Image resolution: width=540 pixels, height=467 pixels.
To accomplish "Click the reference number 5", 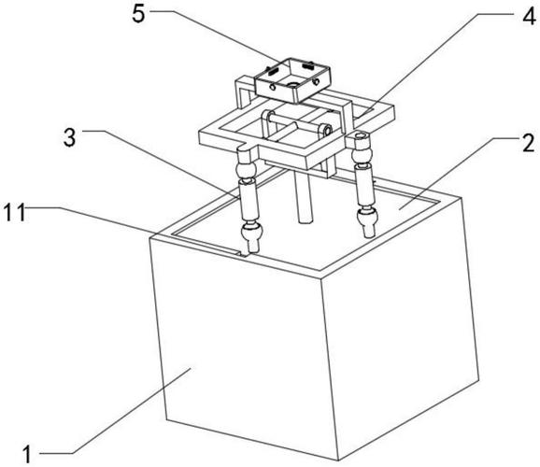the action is pos(139,14).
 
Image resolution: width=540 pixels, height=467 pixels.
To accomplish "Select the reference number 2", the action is pos(529,144).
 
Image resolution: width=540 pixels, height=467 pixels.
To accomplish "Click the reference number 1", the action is pos(26,455).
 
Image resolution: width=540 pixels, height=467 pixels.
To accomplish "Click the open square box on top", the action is pos(292,80).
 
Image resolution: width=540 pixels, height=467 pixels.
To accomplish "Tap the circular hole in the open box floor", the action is pos(293,84).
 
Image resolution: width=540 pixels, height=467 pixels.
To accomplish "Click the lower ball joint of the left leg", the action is pos(252,231).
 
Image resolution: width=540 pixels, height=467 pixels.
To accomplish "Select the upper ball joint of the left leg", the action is pos(246,171).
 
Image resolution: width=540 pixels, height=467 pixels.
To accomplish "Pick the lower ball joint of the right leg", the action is pos(367,216).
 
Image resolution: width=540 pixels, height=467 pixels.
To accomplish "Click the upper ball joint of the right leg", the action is pos(362,153).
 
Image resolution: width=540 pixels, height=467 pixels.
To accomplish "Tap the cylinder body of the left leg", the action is pos(249,201).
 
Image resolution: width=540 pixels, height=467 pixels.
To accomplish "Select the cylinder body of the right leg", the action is pos(364,185).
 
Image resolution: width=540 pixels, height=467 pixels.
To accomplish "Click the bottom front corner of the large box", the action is pos(338,460).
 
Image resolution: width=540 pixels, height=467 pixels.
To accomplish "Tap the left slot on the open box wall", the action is pos(273,72).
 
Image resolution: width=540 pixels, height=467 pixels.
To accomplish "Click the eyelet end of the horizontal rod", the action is pos(325,130).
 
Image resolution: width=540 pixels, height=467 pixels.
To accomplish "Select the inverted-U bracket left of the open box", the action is pos(245,91).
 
